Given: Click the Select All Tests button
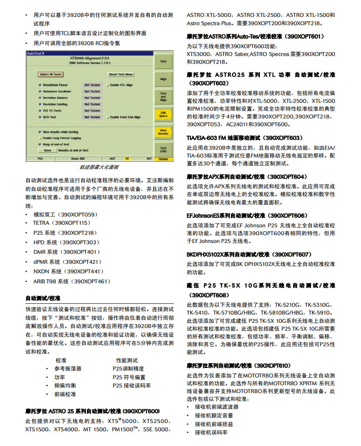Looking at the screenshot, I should pos(50,75).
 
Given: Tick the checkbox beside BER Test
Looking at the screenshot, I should pos(40,117).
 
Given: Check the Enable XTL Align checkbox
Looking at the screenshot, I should pos(108,85).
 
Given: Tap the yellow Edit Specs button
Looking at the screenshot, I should pos(163,115).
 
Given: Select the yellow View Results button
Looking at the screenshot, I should pos(163,132).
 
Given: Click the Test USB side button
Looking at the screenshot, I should pos(163,150).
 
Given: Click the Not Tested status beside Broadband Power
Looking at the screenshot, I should pos(92,85).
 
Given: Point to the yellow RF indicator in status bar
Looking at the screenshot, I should pos(128,159).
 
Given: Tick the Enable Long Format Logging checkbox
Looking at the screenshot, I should pos(40,138).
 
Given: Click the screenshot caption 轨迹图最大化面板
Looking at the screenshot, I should pos(99,167).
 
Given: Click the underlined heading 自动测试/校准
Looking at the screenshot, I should pos(43,298).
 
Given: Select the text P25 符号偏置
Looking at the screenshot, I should pos(129,377).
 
